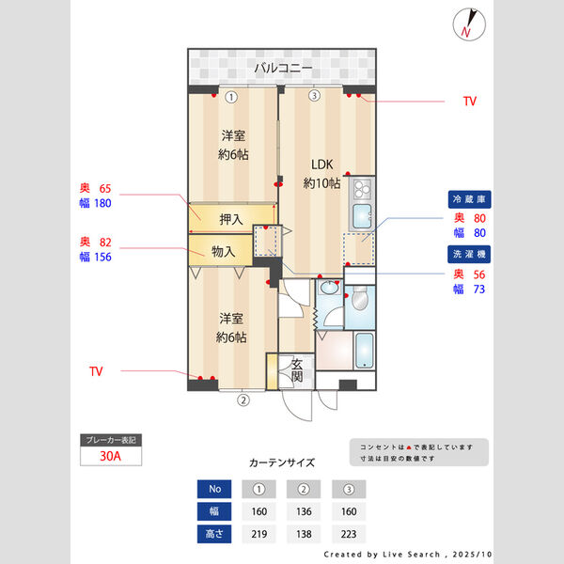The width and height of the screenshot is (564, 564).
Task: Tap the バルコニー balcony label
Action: [283, 68]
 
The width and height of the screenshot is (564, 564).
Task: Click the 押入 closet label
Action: [230, 219]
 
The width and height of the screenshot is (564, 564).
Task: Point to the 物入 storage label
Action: [223, 251]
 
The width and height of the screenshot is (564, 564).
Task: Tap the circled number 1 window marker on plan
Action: [230, 96]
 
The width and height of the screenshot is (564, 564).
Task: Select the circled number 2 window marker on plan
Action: [243, 399]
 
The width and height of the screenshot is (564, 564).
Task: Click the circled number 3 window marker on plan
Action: [315, 96]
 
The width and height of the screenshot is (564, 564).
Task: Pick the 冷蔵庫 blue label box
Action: [471, 200]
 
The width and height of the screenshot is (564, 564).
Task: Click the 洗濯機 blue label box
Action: [471, 253]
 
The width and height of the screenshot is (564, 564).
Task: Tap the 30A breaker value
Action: [111, 457]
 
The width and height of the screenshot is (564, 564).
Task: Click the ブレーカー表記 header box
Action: [111, 440]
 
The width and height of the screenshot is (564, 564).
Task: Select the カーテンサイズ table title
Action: [282, 462]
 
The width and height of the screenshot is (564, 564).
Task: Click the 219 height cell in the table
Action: [258, 535]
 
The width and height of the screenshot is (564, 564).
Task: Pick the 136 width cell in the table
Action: [304, 512]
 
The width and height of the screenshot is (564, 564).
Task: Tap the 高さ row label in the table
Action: [214, 535]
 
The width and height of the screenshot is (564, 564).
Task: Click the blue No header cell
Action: [214, 489]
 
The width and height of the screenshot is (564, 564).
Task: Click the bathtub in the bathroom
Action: [364, 352]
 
